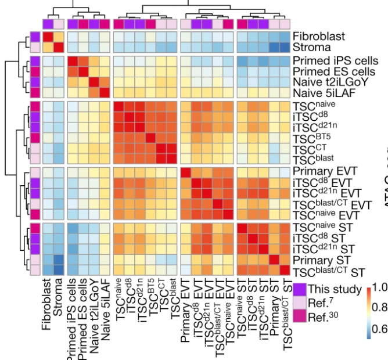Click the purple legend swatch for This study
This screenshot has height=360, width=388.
[299, 289]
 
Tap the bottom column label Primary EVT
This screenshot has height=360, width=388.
[186, 308]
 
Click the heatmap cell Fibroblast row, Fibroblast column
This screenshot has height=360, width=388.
[48, 36]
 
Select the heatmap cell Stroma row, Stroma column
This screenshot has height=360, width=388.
[59, 47]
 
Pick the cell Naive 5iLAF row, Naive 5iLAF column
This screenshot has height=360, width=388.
[104, 93]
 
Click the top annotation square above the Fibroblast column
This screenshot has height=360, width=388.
[48, 23]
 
